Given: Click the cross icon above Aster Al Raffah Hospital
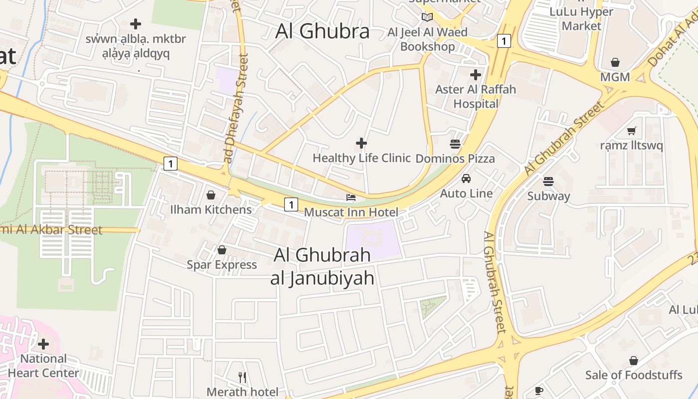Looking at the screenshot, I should click(x=476, y=75).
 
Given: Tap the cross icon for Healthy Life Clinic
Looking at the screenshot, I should click(x=361, y=144).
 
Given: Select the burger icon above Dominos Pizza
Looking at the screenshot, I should click(x=455, y=144).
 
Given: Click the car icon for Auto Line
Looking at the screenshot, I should click(x=466, y=179).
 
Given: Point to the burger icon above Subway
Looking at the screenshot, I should click(x=548, y=181).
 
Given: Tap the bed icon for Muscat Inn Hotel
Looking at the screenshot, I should click(x=351, y=198).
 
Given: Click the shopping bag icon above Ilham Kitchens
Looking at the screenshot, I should click(x=211, y=195).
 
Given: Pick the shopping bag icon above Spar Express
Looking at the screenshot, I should click(x=222, y=250).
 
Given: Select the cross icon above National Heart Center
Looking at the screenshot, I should click(x=43, y=344).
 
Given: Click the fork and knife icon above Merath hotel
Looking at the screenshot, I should click(x=242, y=377).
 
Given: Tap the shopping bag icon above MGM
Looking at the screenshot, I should click(x=615, y=62).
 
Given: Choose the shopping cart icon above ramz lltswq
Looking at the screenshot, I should click(x=632, y=131).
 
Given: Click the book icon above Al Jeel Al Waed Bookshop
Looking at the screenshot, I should click(x=427, y=17).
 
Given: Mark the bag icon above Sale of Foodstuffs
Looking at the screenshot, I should click(x=633, y=360).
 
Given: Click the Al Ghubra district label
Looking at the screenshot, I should click(x=323, y=31).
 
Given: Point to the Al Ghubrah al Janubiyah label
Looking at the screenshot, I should click(x=322, y=266).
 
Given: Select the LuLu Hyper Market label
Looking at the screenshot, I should click(x=581, y=18).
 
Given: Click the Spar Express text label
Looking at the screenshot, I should click(x=222, y=264).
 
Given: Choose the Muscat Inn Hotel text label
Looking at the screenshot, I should click(x=351, y=212).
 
